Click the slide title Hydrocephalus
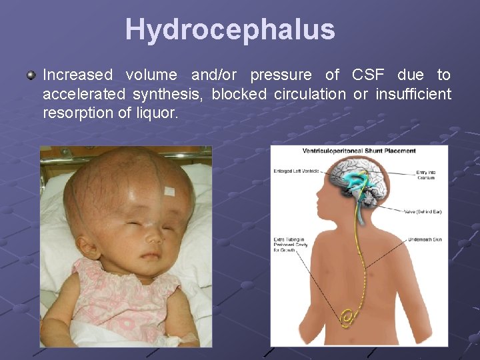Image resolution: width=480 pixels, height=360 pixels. (230, 29)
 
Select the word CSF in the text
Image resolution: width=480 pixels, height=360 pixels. (368, 75)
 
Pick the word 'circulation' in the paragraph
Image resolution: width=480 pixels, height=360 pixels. (310, 94)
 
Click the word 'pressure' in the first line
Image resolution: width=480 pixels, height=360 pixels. (281, 75)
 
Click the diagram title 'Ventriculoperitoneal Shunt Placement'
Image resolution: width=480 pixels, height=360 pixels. (359, 151)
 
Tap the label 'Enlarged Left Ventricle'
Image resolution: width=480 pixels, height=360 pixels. (296, 171)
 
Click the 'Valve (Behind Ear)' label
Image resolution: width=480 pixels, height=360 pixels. (423, 212)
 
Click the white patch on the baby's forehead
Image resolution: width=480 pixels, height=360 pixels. (169, 191)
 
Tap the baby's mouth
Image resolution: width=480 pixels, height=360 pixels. (151, 255)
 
